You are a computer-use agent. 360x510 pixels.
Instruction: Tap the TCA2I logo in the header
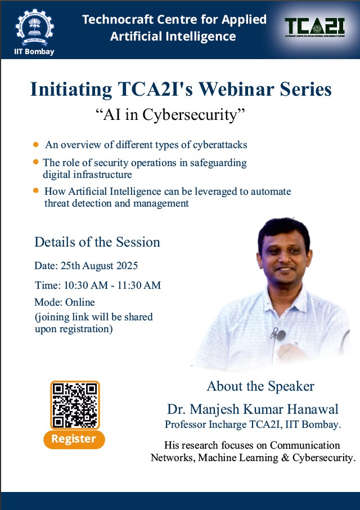[x=313, y=27]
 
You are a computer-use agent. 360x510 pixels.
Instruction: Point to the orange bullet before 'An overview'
[x=37, y=144]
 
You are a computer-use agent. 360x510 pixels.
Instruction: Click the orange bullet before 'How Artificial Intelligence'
[x=37, y=191]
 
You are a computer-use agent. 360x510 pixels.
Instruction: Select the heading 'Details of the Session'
[x=97, y=242]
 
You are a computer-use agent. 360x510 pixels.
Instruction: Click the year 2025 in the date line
[x=126, y=266]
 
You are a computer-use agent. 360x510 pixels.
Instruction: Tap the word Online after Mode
[x=80, y=302]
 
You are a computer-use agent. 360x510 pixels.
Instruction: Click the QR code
[x=74, y=405]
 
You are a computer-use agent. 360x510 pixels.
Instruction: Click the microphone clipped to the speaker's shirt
[x=279, y=335]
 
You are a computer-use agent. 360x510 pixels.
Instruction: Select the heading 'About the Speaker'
[x=260, y=386]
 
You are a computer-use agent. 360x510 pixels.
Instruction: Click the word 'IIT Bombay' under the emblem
[x=34, y=52]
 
